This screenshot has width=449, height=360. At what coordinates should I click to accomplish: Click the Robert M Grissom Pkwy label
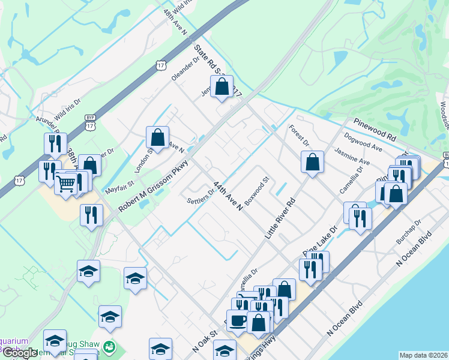point(153,187)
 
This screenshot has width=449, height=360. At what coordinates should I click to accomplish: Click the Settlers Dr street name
point(201,196)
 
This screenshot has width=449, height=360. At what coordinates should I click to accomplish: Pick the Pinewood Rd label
point(375,130)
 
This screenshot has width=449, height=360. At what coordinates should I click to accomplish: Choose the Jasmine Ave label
point(352,157)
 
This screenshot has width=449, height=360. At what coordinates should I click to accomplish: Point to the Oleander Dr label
point(185,70)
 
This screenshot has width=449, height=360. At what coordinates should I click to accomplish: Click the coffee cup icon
point(238,319)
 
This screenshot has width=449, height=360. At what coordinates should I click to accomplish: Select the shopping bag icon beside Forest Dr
point(312,162)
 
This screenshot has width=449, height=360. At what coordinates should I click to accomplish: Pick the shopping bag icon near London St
point(157,137)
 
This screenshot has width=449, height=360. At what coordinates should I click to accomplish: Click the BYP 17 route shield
point(90,122)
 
